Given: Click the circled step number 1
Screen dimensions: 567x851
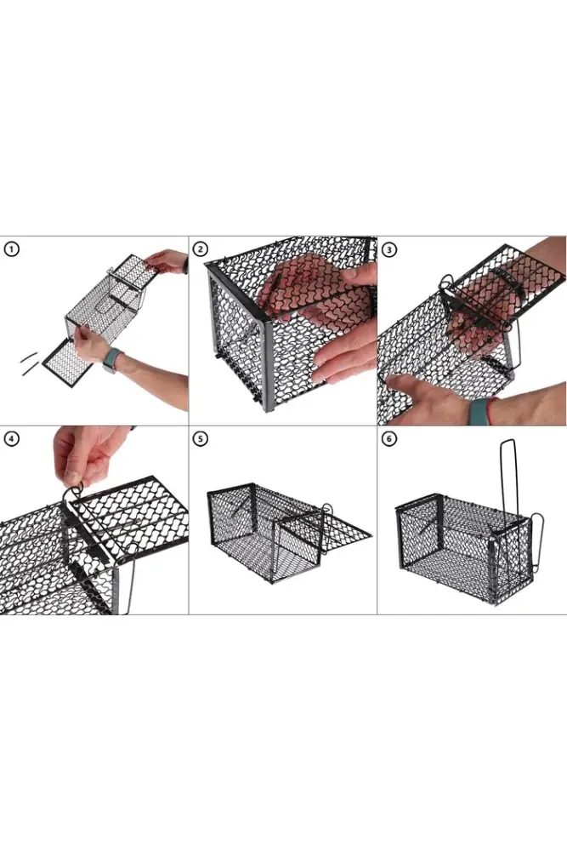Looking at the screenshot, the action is (x=11, y=249).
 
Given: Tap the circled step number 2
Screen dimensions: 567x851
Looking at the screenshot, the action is (x=200, y=249).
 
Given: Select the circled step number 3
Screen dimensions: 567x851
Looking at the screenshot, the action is (x=389, y=249).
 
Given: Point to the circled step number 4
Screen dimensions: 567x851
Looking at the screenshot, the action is (x=11, y=438).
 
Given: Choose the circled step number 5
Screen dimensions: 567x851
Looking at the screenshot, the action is (x=200, y=438).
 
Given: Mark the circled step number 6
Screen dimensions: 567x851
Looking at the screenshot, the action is (x=389, y=438).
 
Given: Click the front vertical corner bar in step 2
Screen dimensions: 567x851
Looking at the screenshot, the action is (x=269, y=365).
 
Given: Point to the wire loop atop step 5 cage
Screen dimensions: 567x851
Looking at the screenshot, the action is (x=327, y=509).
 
